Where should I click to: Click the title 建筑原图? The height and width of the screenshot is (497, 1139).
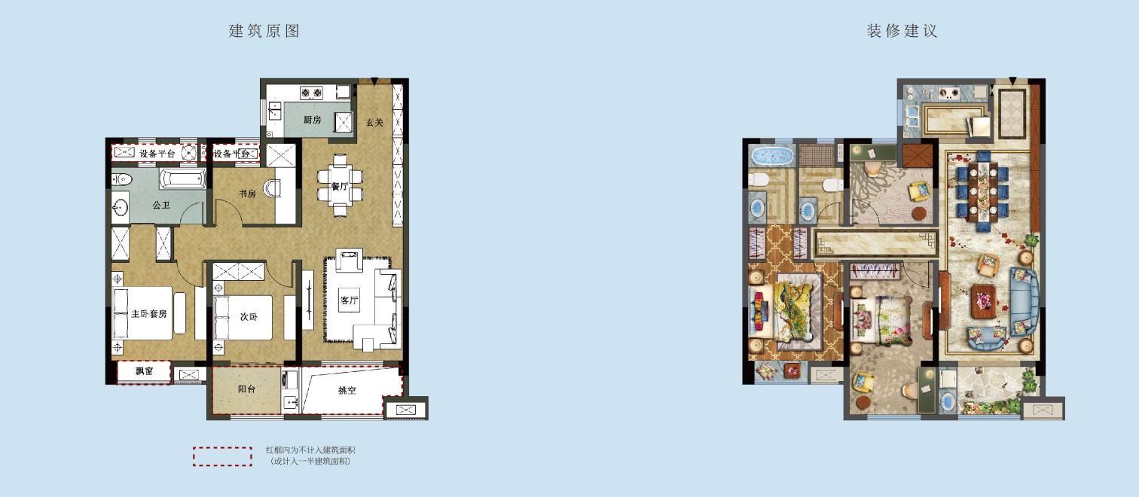point(264,31)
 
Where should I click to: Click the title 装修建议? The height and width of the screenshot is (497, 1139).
point(902,31)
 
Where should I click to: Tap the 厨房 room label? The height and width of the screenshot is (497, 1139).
point(312,120)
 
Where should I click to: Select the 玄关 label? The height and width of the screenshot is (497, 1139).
point(374,123)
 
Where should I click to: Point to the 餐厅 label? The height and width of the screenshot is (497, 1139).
point(340,187)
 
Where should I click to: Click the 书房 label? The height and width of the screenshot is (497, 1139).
point(247,194)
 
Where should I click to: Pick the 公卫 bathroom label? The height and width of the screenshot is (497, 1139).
point(161,206)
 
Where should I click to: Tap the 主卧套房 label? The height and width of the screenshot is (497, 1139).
point(149,314)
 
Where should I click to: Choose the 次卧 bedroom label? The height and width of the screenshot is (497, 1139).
point(249,317)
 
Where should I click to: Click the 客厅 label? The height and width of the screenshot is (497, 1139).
point(350,300)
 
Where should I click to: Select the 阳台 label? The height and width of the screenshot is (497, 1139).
point(246,389)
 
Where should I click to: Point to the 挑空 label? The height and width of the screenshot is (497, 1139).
point(347,390)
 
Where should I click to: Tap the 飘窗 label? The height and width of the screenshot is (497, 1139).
point(145,371)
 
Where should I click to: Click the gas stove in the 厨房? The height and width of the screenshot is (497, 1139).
point(311,93)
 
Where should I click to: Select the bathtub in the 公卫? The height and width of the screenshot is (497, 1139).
point(182,179)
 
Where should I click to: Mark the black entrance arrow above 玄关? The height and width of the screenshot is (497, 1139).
point(374,81)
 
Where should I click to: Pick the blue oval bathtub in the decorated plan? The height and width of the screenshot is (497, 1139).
point(772,155)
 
